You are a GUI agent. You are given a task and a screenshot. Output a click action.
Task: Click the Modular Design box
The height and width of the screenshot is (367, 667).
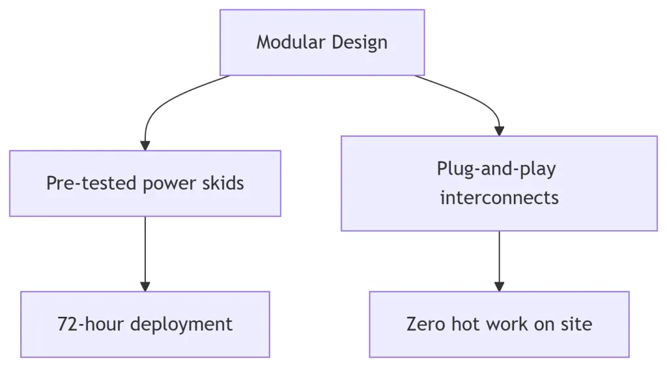pyautogui.click(x=322, y=42)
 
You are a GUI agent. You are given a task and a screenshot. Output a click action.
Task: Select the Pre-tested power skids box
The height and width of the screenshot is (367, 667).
pyautogui.click(x=145, y=183)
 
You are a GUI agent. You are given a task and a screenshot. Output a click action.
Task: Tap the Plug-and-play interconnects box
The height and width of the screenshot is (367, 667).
pyautogui.click(x=499, y=183)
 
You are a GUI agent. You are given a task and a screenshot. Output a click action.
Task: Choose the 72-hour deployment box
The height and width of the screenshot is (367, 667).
pyautogui.click(x=145, y=324)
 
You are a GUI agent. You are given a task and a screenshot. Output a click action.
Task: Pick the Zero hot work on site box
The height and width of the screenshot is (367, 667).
pyautogui.click(x=499, y=324)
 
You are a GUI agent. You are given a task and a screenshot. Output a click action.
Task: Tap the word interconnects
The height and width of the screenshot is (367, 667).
pyautogui.click(x=499, y=198)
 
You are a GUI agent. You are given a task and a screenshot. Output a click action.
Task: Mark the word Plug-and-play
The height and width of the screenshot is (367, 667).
pyautogui.click(x=496, y=169)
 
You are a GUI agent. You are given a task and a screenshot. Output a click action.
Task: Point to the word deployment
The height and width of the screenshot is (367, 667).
pyautogui.click(x=182, y=325)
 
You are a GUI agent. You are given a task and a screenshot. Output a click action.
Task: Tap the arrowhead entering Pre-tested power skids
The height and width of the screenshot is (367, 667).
pyautogui.click(x=145, y=146)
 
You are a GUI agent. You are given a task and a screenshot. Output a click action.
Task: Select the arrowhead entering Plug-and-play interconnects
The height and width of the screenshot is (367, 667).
pyautogui.click(x=499, y=131)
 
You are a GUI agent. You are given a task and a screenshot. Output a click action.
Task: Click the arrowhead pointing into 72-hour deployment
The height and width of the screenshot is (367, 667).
pyautogui.click(x=145, y=286)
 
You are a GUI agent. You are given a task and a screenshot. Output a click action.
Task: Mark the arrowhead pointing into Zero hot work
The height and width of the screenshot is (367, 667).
pyautogui.click(x=499, y=286)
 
